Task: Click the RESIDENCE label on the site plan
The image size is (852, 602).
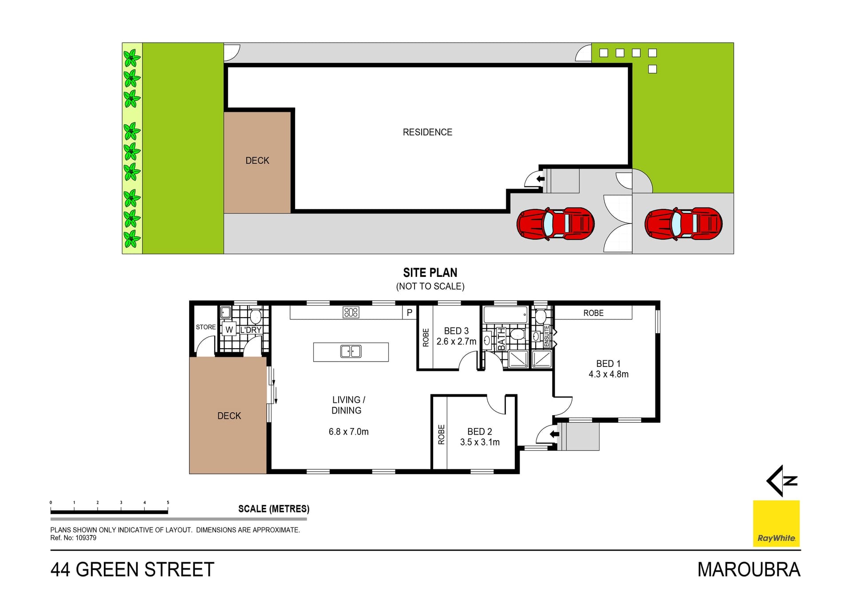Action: pos(427,132)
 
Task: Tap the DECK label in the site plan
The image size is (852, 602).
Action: pos(257,161)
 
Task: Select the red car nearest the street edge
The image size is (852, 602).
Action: pos(683,224)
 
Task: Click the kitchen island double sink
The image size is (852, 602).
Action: pos(351,352)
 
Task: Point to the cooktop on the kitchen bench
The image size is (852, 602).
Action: pos(351,312)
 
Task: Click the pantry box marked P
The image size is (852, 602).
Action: pos(410,313)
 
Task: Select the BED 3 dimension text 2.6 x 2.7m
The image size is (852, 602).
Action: pos(456,342)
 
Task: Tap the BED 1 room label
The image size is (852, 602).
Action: pos(608,364)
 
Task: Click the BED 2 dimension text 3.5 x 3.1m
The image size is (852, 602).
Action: pos(480,442)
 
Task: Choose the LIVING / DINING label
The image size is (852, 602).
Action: pos(348,405)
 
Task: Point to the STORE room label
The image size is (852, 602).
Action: pos(206,327)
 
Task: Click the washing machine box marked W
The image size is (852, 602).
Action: pos(229,330)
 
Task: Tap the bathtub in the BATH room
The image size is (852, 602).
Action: pos(505,315)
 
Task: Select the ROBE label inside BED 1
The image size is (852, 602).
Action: pos(593,313)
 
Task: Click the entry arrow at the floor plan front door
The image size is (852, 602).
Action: pos(554,434)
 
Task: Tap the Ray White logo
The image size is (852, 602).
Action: pos(776,523)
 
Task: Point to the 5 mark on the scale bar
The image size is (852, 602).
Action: pos(168,503)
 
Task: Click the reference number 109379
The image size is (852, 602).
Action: pos(86,538)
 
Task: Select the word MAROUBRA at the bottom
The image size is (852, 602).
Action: pos(749,570)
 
